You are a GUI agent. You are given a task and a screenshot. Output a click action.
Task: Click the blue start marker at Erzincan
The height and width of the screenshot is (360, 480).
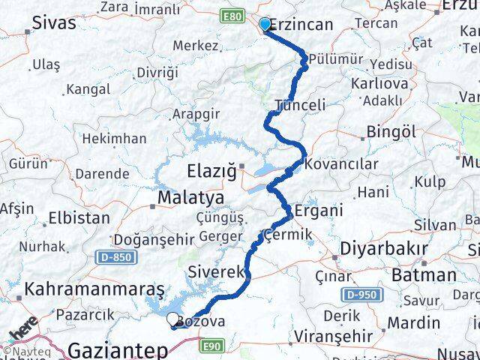(x=264, y=25)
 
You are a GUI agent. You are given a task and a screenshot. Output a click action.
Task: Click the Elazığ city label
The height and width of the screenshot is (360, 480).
(x=211, y=172)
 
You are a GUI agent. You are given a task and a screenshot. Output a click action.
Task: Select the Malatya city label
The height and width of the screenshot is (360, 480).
(x=191, y=198)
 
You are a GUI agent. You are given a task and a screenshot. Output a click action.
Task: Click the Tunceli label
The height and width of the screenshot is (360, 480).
(x=300, y=105)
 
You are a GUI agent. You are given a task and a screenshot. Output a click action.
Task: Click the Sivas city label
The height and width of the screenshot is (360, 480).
(x=54, y=22)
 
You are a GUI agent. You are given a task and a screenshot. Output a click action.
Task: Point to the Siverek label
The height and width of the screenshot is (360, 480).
(x=215, y=271)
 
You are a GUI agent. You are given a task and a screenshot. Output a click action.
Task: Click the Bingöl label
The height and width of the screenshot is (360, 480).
(x=391, y=132)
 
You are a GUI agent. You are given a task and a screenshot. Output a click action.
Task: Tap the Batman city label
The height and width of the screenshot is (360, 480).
(x=428, y=274)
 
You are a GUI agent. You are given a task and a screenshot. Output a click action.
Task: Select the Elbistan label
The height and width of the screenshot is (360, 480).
(x=79, y=218)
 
